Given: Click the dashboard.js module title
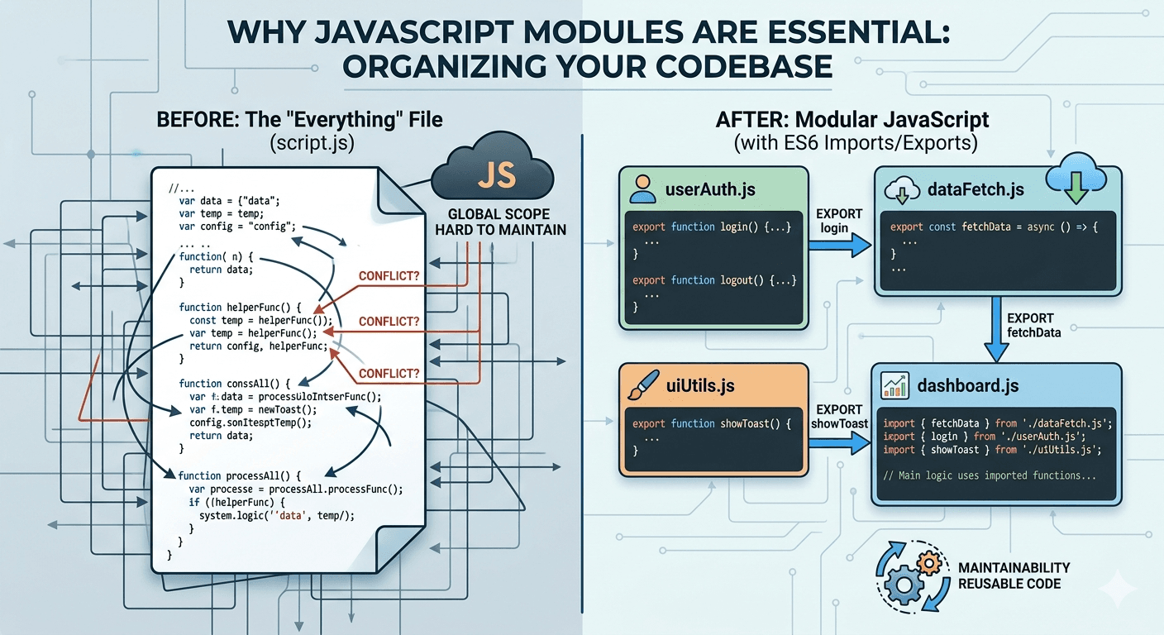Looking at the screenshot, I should pos(968,385).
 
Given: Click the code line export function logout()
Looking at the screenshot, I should pos(714,280).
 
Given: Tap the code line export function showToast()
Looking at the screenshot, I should pos(712,423).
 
